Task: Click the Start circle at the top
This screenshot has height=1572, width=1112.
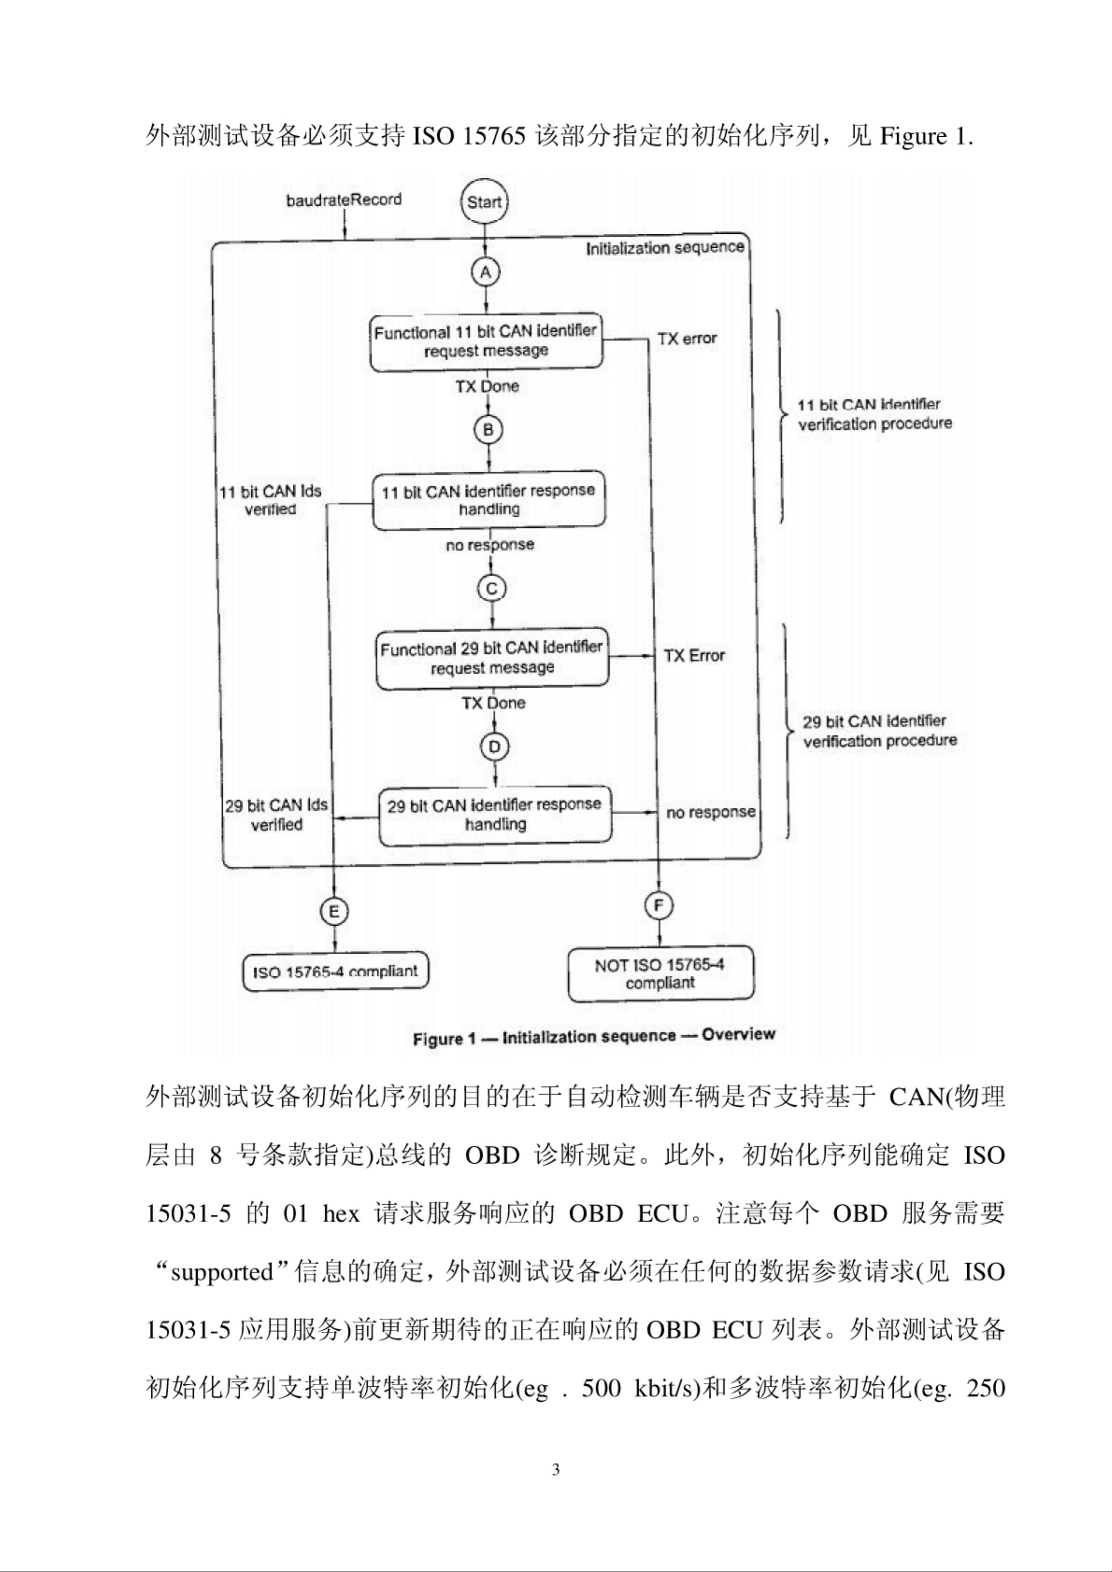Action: [484, 202]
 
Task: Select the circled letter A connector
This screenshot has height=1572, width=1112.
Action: [485, 272]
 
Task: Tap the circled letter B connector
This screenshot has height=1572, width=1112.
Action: [489, 430]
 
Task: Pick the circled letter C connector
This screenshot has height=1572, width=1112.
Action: [491, 588]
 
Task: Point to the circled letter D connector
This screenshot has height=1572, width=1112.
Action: [494, 746]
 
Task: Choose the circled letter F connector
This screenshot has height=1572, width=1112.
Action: [659, 906]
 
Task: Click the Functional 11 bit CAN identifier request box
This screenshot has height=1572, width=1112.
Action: [486, 342]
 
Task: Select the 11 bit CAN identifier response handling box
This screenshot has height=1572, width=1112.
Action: [489, 500]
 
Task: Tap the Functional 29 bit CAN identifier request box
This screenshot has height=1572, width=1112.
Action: [492, 658]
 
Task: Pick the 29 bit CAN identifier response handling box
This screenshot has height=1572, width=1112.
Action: [495, 815]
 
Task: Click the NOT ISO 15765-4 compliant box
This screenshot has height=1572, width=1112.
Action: [660, 974]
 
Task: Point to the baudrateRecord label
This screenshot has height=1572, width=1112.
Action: [344, 200]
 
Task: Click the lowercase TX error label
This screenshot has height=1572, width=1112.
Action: [687, 338]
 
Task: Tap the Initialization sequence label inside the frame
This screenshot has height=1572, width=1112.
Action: [665, 247]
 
